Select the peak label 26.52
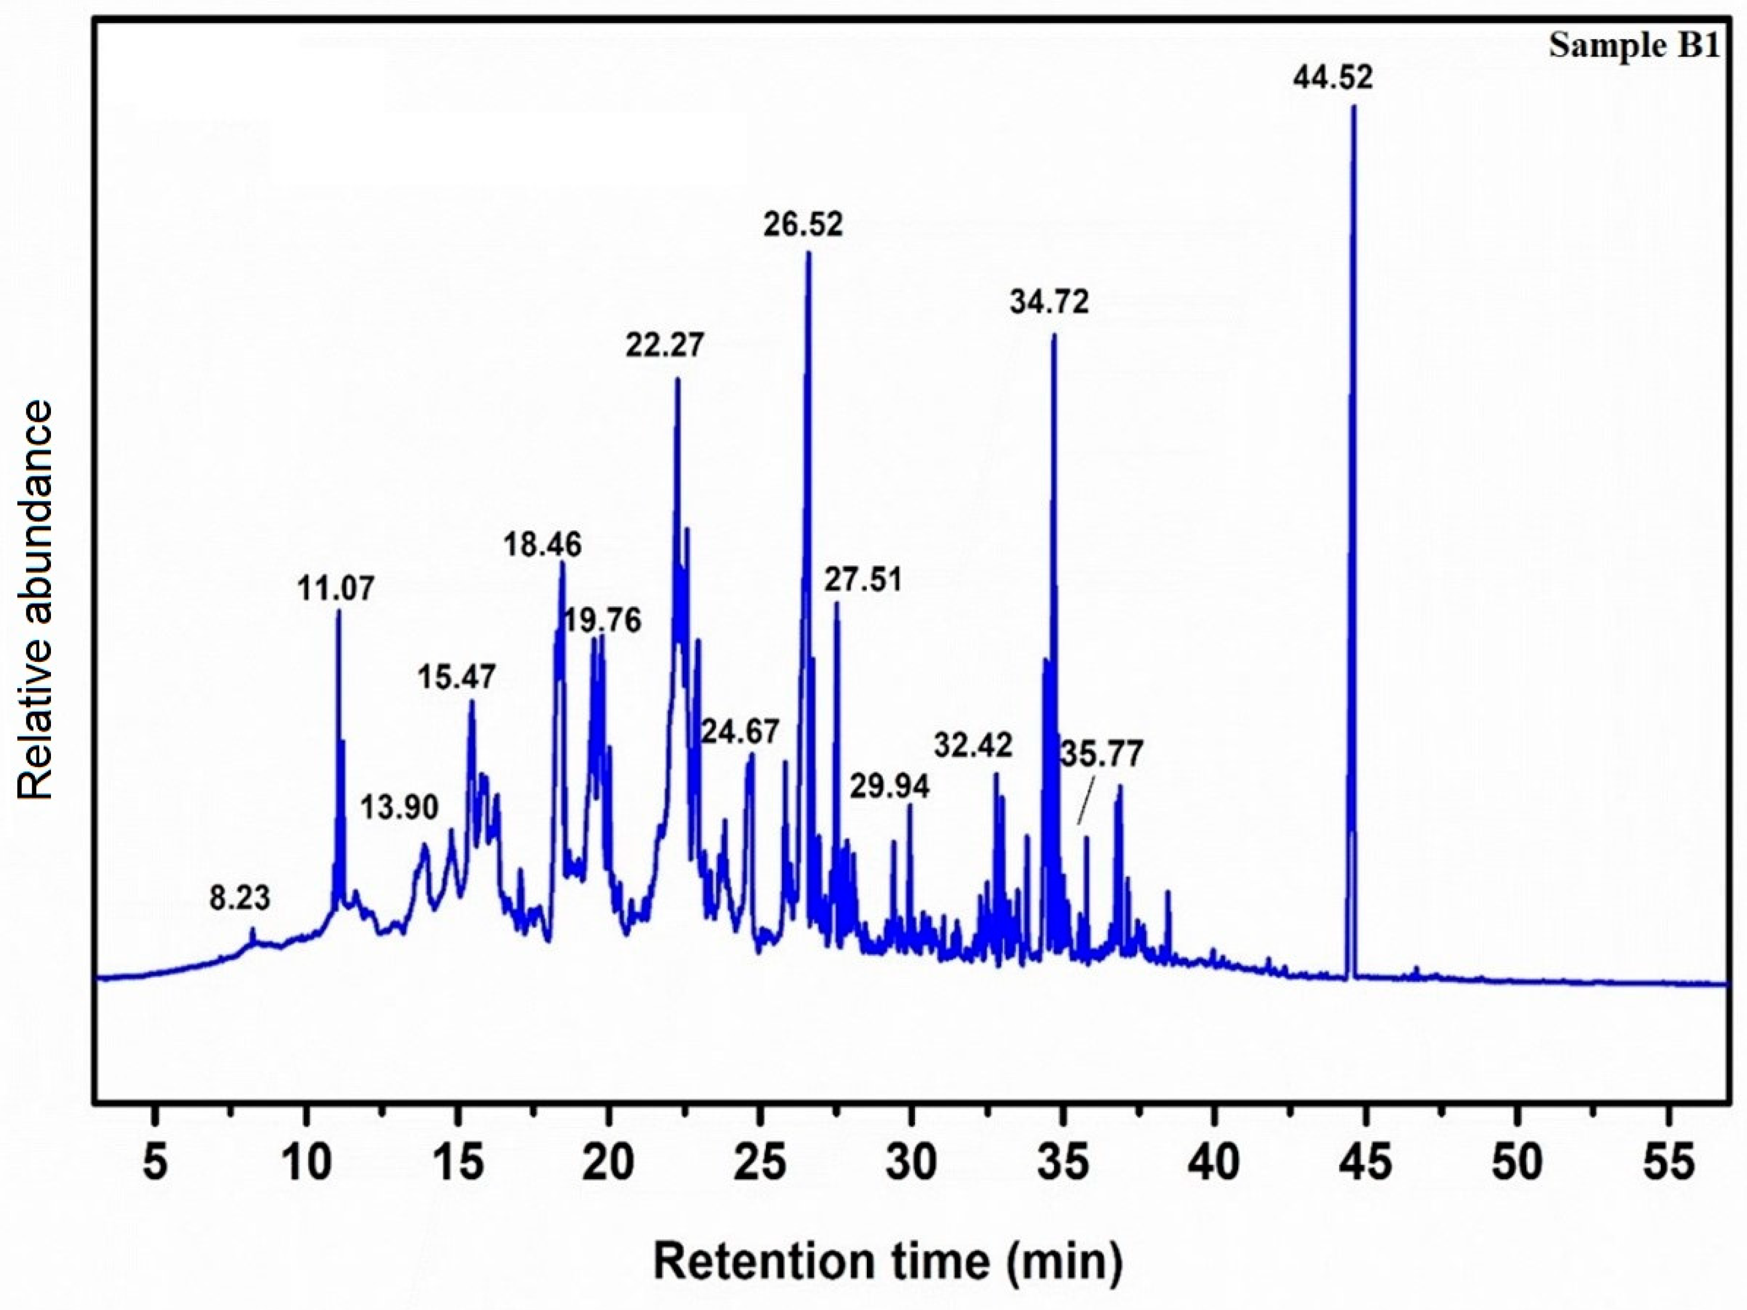coord(803,224)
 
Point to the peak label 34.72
coord(1049,302)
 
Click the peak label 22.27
coord(665,345)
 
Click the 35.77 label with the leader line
coord(1101,755)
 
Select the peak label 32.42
coord(973,745)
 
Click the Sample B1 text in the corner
coord(1633,46)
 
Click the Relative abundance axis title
coord(35,600)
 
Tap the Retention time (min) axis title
coord(887,1261)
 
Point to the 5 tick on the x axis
coord(155,1163)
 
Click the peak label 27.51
coord(863,580)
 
